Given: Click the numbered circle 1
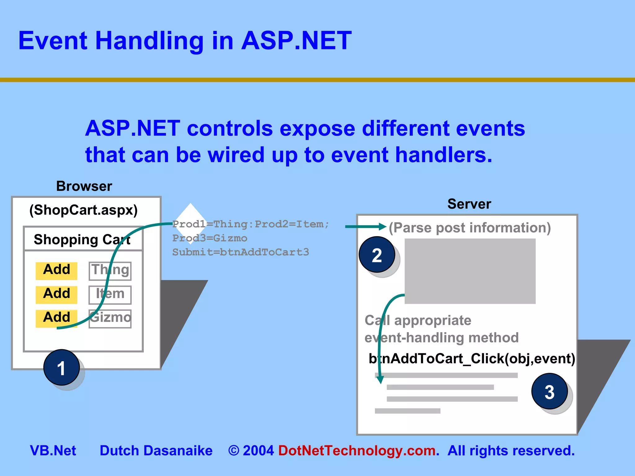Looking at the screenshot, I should click(61, 368).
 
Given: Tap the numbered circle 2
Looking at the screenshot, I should click(377, 255).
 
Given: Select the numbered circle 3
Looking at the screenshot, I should click(549, 391).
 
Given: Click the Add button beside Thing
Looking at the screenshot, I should click(56, 270).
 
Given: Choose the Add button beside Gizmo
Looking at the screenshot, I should click(56, 318).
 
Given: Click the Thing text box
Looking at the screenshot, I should click(110, 271).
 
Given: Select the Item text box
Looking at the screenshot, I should click(110, 295).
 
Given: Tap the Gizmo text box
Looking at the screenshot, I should click(110, 319).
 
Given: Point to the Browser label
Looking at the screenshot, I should click(84, 186).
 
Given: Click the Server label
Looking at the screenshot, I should click(469, 204).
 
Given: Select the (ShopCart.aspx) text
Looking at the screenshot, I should click(83, 210).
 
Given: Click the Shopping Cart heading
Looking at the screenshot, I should click(82, 240).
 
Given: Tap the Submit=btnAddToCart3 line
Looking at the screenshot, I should click(241, 252).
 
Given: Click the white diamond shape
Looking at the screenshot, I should click(190, 214).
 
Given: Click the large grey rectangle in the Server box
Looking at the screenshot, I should click(470, 271).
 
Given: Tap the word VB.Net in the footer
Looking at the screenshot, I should click(53, 451).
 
